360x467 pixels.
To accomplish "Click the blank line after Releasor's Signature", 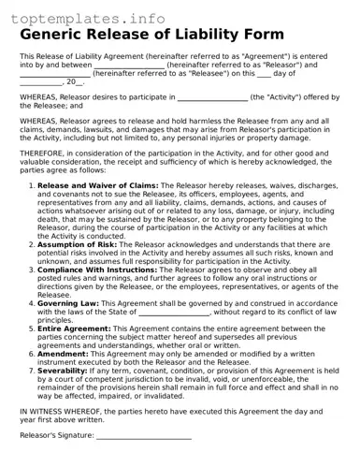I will [x=144, y=438].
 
